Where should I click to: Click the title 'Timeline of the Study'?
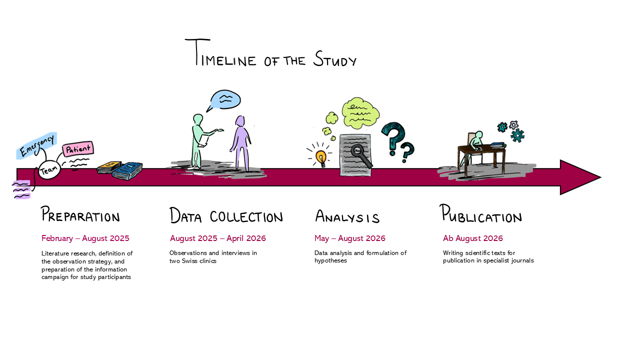[270, 54]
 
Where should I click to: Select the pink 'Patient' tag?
[78, 149]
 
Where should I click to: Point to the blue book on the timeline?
[127, 171]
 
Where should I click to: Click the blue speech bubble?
[224, 99]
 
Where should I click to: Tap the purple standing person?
[241, 142]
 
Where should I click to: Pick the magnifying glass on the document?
[360, 153]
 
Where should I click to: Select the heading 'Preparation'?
[80, 215]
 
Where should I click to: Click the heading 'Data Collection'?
[226, 216]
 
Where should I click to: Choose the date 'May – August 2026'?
[350, 238]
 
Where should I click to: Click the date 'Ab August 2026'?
[473, 238]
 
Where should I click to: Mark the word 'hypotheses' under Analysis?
[330, 261]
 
